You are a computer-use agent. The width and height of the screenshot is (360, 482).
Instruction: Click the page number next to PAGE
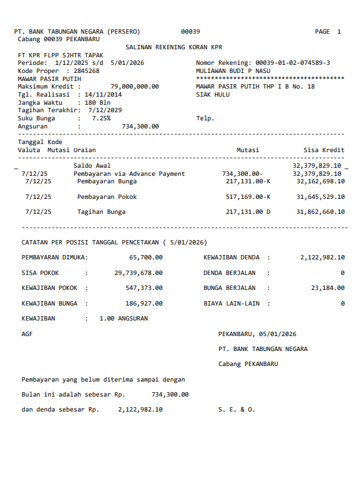pos(339,31)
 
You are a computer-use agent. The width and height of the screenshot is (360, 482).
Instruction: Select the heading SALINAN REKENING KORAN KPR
pos(174,47)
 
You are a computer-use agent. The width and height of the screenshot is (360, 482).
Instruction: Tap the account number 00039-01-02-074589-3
pos(293,63)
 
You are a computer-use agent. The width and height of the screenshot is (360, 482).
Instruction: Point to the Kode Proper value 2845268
pos(86,71)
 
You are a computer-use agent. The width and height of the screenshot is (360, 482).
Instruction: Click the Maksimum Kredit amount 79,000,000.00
pos(134,87)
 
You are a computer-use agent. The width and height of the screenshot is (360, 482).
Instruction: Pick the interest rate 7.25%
pos(101,118)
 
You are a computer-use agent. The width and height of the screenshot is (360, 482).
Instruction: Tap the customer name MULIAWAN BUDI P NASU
pos(232,71)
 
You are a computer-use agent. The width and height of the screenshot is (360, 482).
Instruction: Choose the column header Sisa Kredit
pos(324,150)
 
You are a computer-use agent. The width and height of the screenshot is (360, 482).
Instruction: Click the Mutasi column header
pos(248,150)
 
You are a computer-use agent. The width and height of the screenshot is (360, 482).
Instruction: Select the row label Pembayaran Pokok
pos(107,197)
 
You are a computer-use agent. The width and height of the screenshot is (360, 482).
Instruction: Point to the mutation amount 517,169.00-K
pos(248,197)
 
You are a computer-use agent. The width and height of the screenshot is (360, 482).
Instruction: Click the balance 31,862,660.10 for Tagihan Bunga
pos(321,212)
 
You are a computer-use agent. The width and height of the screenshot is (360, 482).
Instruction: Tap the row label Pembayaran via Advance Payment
pos(129,174)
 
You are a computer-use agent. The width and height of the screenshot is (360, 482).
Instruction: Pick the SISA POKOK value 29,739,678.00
pos(139,272)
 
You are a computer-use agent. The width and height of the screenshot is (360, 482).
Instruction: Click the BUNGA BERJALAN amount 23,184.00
pos(326,288)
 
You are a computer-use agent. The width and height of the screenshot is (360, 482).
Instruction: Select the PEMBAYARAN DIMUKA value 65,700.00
pos(146,257)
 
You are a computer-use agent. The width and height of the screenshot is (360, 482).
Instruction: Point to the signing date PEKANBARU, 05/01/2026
pos(257,334)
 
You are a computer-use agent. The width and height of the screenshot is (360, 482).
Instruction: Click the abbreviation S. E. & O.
pos(236,410)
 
